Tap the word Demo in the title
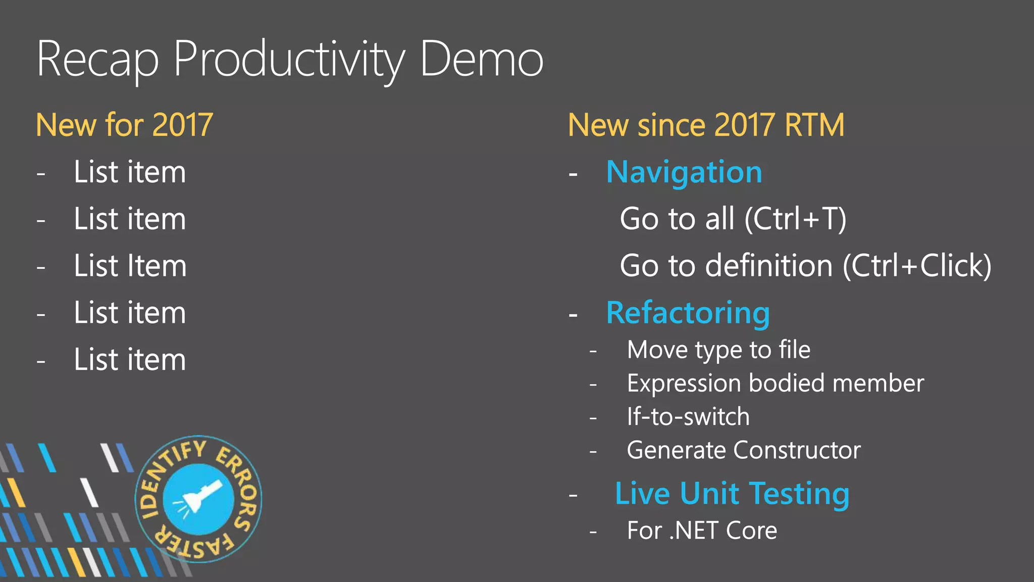pyautogui.click(x=481, y=60)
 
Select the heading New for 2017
pyautogui.click(x=124, y=125)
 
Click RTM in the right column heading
pyautogui.click(x=814, y=125)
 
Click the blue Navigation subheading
pyautogui.click(x=684, y=172)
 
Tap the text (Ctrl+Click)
pyautogui.click(x=917, y=266)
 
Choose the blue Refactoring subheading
pyautogui.click(x=688, y=313)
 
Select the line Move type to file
pyautogui.click(x=718, y=350)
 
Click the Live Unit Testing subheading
pyautogui.click(x=732, y=494)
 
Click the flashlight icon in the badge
pyautogui.click(x=199, y=499)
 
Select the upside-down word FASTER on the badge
pyautogui.click(x=194, y=547)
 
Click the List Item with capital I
pyautogui.click(x=130, y=266)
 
